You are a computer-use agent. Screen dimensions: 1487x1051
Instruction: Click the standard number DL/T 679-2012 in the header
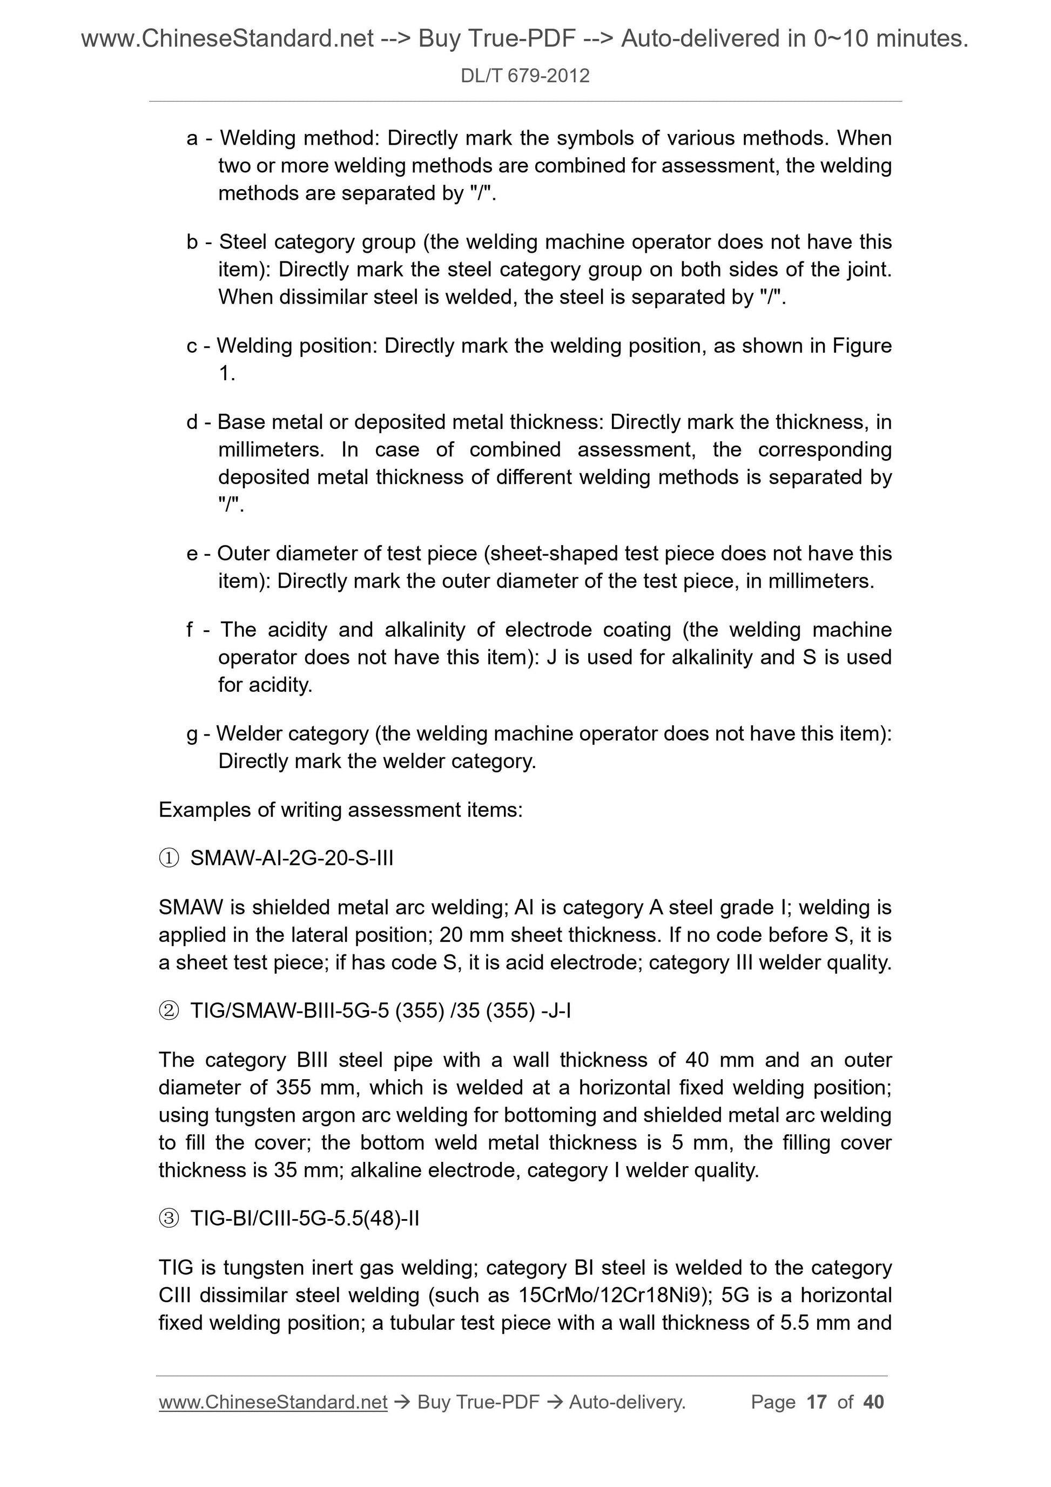point(524,76)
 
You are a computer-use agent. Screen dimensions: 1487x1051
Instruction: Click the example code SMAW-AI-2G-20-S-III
point(292,858)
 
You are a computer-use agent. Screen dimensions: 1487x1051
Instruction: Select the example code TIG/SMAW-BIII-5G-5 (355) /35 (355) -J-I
point(380,1011)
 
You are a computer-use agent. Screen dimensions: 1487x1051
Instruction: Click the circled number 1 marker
point(169,859)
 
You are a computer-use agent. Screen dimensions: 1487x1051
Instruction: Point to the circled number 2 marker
point(169,1011)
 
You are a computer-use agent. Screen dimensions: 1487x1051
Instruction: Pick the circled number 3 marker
point(169,1219)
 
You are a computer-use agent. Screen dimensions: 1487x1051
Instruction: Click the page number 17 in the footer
point(817,1402)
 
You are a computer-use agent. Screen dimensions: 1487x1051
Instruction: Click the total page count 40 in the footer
point(873,1402)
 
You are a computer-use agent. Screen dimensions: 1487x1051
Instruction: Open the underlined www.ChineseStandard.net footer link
point(273,1402)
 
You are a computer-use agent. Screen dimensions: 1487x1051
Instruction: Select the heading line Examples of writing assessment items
point(340,810)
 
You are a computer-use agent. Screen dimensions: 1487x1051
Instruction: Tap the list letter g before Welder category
point(192,734)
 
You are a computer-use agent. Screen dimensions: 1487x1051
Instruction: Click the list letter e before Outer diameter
point(192,554)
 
